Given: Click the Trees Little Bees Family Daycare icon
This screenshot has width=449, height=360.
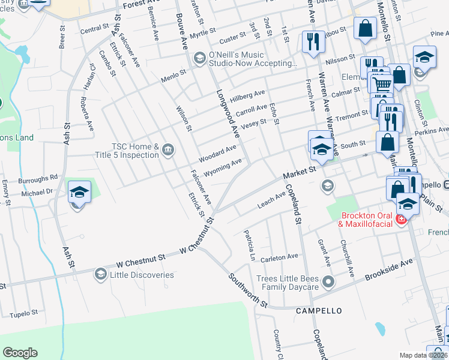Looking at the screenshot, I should coord(328,281).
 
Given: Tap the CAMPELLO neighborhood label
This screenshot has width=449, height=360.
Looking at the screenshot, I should coord(319,311).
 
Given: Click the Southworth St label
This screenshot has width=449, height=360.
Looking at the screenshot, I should coord(248,292).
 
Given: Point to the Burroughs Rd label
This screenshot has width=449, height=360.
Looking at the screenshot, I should coord(37,178).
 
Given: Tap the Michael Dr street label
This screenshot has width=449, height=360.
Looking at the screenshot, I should coord(37,193).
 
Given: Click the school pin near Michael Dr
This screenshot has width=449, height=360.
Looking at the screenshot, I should coord(79,193).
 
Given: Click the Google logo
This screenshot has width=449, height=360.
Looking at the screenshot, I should coord(20,353).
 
